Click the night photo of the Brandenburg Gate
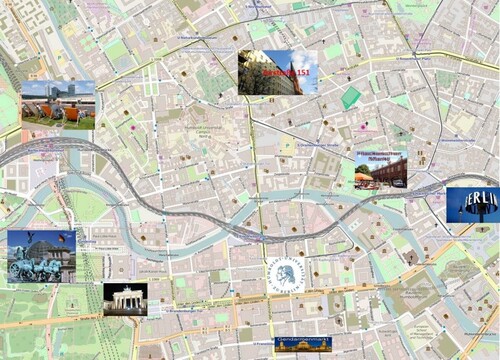click(125, 298)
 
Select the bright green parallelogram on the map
click(351, 98)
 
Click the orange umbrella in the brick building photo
click(363, 177)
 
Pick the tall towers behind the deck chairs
click(70, 92)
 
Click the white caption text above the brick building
click(381, 156)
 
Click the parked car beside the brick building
click(399, 183)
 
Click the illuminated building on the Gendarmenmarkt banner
click(286, 342)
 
